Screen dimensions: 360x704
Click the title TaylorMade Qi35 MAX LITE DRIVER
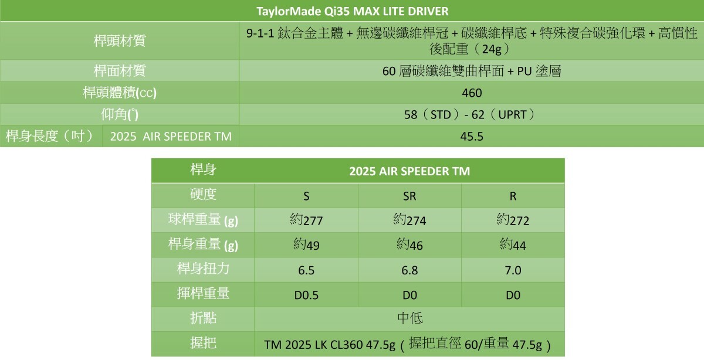353,12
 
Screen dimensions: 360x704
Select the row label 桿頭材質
120,41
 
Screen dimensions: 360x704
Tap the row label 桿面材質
120,71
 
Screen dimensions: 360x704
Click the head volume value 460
472,93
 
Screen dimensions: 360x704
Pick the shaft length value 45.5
472,137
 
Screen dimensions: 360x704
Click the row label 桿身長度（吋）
50,137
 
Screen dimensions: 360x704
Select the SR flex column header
409,196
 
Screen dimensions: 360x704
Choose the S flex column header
306,196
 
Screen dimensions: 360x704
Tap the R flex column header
513,196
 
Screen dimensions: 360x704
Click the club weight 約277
306,220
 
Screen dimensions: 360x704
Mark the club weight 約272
513,220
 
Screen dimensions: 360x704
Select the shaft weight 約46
409,245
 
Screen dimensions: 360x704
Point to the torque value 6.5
306,270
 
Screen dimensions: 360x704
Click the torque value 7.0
513,270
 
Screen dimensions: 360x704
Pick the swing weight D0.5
306,296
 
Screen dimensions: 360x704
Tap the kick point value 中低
409,318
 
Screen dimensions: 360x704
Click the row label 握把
203,343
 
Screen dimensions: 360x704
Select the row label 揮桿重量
203,294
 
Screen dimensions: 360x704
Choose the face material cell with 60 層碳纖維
472,72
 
